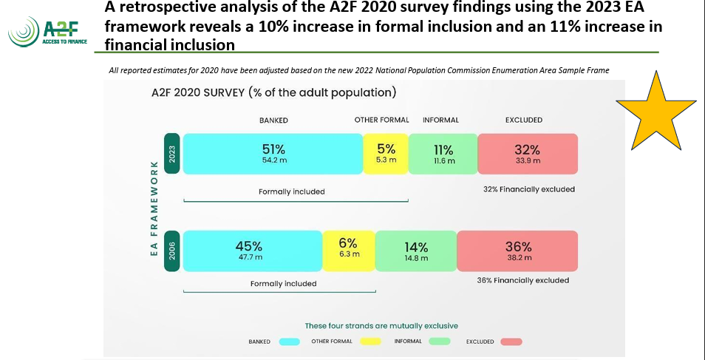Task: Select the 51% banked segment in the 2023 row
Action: pos(273,154)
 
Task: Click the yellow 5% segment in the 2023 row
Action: pos(385,154)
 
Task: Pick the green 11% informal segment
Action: pos(443,154)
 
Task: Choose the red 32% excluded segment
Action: pos(528,154)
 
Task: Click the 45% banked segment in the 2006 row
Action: pos(253,251)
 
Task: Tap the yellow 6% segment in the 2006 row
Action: pos(348,251)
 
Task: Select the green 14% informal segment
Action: pos(415,251)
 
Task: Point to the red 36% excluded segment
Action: pos(517,251)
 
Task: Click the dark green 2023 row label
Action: pos(171,154)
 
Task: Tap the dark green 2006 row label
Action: pos(171,251)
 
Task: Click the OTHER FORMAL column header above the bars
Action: pos(381,120)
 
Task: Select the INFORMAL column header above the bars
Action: pos(440,120)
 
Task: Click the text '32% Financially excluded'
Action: pos(528,189)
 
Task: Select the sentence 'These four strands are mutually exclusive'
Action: pos(381,325)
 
